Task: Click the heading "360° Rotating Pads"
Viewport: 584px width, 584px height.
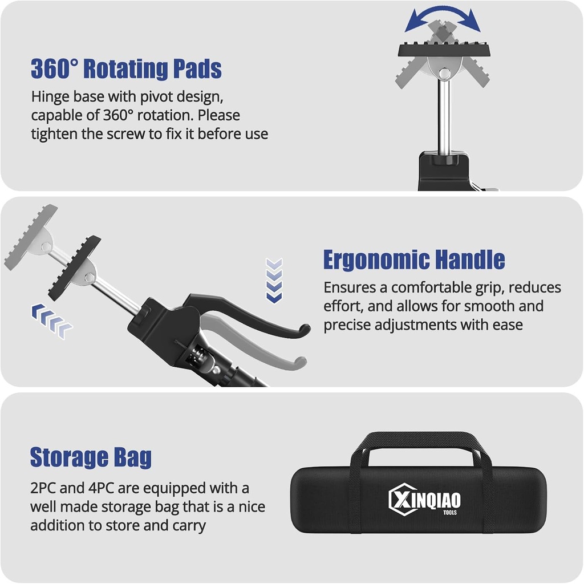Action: [126, 69]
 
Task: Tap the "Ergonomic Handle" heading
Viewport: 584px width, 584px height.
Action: [413, 260]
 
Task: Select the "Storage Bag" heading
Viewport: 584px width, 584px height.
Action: [91, 457]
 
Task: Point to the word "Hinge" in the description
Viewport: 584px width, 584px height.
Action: [50, 96]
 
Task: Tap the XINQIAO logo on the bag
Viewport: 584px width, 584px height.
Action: [424, 501]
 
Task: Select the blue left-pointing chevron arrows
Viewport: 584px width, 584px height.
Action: [52, 319]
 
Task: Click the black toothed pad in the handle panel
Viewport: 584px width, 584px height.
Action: [75, 267]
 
